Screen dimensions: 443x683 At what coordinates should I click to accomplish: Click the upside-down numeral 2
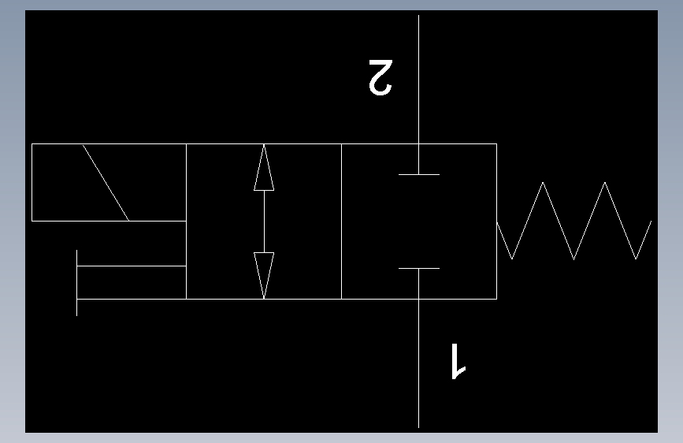tap(379, 76)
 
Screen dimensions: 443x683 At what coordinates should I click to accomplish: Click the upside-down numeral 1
tap(457, 361)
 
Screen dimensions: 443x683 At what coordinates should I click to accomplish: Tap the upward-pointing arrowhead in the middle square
tap(264, 169)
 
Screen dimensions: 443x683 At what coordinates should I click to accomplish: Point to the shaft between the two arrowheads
tap(264, 221)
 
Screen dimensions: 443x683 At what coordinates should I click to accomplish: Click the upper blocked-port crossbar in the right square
tap(418, 173)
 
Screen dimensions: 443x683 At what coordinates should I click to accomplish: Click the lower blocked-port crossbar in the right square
tap(418, 269)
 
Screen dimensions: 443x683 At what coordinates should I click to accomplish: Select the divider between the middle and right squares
tap(341, 221)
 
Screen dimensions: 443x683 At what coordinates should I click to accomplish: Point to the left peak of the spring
tap(543, 184)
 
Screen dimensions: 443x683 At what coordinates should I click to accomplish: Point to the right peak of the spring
tap(604, 184)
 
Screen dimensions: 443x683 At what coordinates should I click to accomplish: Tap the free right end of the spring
tap(651, 221)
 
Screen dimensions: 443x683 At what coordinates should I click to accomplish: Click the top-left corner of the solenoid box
tap(32, 144)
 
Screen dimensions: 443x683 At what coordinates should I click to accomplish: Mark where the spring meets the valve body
tap(497, 221)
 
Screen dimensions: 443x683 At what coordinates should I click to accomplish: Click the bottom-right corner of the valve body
tap(496, 299)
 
